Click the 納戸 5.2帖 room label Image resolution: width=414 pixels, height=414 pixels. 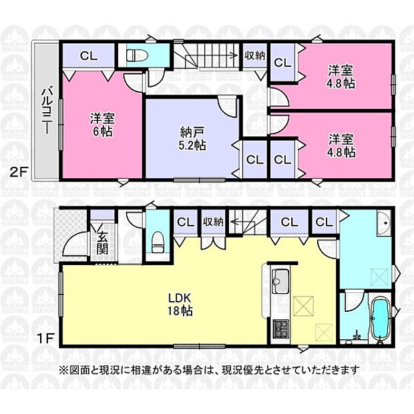pyautogui.click(x=192, y=138)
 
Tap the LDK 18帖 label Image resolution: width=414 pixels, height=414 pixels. pyautogui.click(x=180, y=304)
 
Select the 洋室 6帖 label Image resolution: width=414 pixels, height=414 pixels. pyautogui.click(x=102, y=125)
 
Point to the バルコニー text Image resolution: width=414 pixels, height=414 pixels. pyautogui.click(x=46, y=112)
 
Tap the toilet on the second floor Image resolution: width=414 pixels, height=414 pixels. pyautogui.click(x=138, y=55)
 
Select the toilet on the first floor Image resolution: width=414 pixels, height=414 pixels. pyautogui.click(x=158, y=242)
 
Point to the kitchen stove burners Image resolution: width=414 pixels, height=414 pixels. pyautogui.click(x=280, y=329)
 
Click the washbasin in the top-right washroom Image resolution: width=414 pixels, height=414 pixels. pyautogui.click(x=383, y=223)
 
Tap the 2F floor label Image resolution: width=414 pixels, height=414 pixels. pyautogui.click(x=19, y=173)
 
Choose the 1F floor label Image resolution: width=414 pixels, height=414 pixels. pyautogui.click(x=45, y=339)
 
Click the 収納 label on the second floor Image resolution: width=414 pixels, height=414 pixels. pyautogui.click(x=255, y=55)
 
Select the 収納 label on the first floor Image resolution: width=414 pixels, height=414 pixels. pyautogui.click(x=213, y=222)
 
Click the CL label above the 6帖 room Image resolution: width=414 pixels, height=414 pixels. pyautogui.click(x=89, y=56)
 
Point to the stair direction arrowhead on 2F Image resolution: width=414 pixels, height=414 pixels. pyautogui.click(x=234, y=55)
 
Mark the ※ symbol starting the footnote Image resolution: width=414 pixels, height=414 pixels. pyautogui.click(x=63, y=370)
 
